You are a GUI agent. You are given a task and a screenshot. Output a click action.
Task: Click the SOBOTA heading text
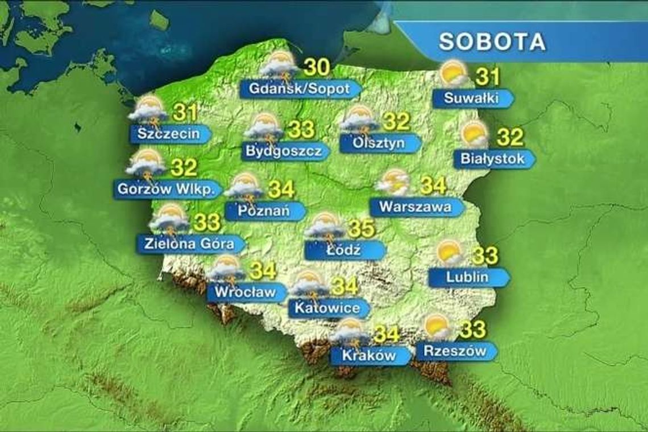pos(493,42)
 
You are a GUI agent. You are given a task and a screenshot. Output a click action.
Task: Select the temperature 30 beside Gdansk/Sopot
pos(317,68)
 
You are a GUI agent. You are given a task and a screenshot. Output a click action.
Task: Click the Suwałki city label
pos(471,98)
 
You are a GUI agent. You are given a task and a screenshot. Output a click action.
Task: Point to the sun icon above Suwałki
pos(453,73)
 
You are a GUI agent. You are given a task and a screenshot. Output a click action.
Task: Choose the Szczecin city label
pos(168,134)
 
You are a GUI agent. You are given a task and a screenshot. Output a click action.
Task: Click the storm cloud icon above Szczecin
pos(149,110)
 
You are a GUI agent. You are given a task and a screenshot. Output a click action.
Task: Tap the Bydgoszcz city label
pos(284,151)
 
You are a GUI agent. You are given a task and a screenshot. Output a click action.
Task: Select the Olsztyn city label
pos(378,143)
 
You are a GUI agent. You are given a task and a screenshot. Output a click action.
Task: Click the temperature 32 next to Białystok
pos(510,137)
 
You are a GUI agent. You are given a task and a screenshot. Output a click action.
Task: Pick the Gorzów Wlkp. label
pos(166,188)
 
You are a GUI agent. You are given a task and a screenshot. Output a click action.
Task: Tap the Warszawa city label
pos(415,207)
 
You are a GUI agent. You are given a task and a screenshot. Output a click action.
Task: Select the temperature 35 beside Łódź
pos(361,228)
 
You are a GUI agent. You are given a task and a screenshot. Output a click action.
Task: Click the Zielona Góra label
pos(188,244)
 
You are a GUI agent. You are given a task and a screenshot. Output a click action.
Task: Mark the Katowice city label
pos(326,308)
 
